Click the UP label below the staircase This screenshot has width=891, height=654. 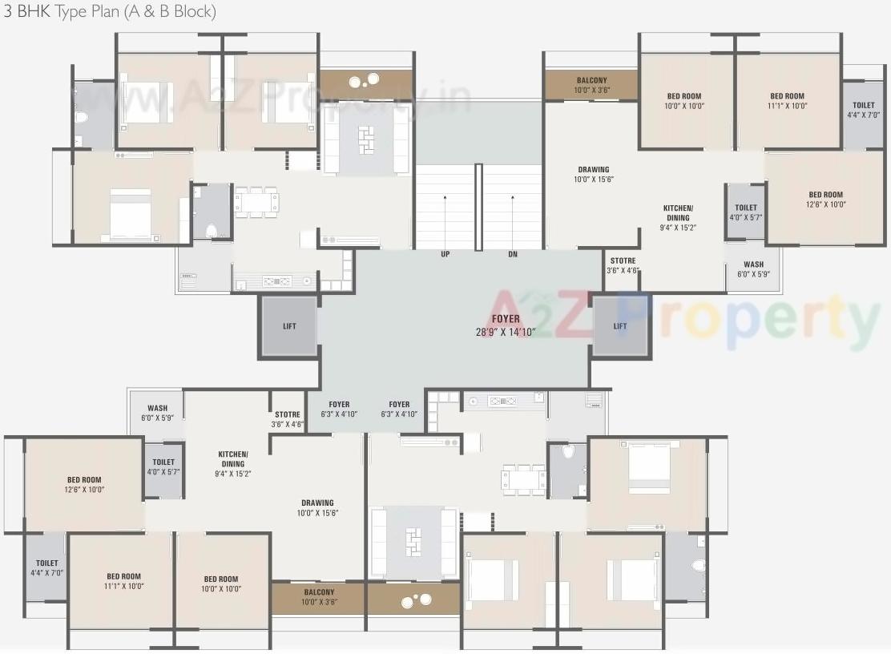[445, 254]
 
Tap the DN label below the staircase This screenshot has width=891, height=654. [513, 254]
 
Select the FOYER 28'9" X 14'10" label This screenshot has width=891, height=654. [506, 325]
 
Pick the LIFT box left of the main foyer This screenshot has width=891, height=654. [289, 326]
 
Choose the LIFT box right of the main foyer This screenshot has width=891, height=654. [620, 326]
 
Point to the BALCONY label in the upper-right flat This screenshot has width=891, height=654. [591, 85]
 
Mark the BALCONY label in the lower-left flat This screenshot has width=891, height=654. [318, 597]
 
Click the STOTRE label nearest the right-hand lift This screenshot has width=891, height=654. [623, 265]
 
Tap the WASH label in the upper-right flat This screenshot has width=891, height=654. [753, 268]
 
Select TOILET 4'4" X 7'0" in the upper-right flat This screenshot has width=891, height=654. [864, 110]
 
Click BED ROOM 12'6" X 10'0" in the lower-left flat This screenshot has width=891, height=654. [84, 484]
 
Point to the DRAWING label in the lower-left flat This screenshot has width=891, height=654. [317, 507]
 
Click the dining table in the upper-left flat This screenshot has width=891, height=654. [256, 202]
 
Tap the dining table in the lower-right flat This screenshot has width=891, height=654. [523, 479]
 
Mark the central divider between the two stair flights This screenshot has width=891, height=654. [478, 207]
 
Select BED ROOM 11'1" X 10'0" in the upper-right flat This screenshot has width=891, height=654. [787, 100]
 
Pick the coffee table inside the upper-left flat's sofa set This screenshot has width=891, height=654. [366, 139]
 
